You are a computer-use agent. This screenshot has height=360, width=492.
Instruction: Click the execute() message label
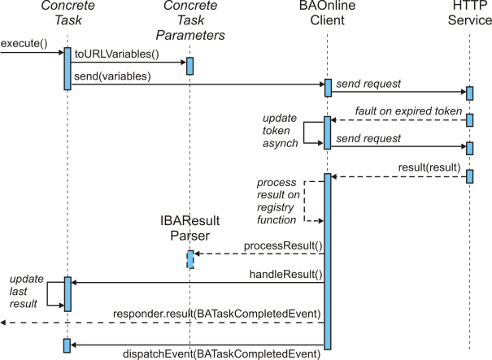coord(24,43)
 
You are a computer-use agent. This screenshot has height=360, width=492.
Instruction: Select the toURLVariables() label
coord(117,54)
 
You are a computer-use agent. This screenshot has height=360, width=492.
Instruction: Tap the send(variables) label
coord(112,76)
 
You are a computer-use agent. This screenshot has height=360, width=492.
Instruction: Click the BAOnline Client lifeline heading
coord(327,12)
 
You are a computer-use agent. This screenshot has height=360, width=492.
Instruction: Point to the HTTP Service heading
coord(470,12)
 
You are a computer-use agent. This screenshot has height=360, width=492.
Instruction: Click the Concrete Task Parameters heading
coord(190,20)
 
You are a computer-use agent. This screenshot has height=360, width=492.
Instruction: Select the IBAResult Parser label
coord(189,228)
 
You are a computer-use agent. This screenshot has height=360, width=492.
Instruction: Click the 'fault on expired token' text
coord(408,111)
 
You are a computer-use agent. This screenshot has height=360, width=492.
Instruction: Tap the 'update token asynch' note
coord(281,131)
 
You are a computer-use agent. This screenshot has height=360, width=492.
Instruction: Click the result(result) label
coord(429,167)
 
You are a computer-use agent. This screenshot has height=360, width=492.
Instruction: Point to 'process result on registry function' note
coord(278,201)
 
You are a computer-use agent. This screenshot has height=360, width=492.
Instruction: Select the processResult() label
coord(283,245)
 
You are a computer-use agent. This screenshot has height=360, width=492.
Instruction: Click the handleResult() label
coord(286,275)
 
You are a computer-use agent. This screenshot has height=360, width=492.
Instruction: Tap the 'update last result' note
coord(26,291)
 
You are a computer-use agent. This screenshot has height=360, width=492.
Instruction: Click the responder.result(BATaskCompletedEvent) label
coord(217,314)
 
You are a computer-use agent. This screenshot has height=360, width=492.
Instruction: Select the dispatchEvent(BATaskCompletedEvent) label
coord(221,354)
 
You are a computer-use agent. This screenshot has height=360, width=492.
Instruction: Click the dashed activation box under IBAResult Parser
coord(190,259)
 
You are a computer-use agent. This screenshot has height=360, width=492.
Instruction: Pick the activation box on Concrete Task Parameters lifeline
coord(189,66)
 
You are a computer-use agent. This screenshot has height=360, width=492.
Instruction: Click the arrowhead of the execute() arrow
coord(62,52)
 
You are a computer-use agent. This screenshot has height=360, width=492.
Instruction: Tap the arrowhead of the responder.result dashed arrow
coord(3,323)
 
